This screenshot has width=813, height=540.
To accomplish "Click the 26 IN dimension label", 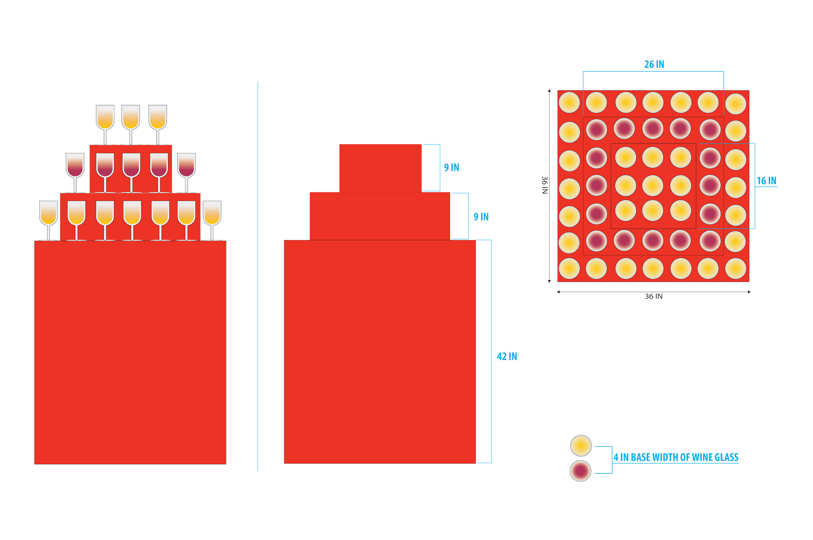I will tap(654, 64).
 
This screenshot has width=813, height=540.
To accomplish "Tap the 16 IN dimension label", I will tap(766, 181).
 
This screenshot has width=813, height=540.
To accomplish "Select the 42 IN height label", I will tap(507, 356).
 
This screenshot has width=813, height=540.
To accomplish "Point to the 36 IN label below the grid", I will tap(653, 297).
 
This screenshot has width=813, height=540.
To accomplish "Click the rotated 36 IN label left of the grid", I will tap(544, 185).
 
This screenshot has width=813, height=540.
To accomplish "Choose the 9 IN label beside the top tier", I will tap(451, 168).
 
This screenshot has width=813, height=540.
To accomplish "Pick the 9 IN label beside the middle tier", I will tap(481, 217).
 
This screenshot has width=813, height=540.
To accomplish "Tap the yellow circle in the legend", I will tap(581, 446).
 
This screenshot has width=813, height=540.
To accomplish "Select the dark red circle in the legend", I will tap(581, 470).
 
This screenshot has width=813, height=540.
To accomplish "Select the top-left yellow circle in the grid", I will tap(569, 103).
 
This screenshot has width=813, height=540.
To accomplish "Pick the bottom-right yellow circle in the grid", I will tap(736, 268).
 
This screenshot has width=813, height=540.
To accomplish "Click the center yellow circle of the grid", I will tap(653, 185).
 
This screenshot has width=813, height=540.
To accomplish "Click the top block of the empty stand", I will tap(380, 168).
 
